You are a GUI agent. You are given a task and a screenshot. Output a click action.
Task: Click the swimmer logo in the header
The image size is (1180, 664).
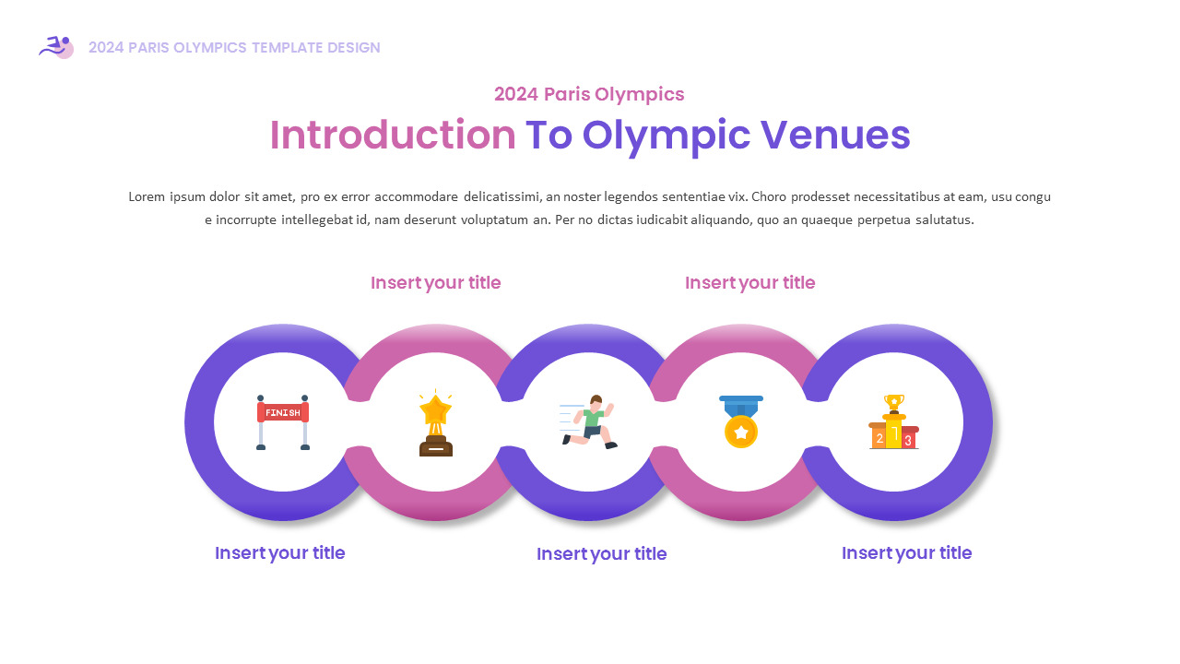click(57, 47)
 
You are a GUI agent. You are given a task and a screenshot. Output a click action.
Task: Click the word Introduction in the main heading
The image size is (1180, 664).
click(392, 135)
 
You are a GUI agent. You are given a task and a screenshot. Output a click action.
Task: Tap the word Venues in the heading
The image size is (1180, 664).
click(835, 135)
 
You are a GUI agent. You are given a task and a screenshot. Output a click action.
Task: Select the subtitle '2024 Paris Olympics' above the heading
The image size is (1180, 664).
click(589, 94)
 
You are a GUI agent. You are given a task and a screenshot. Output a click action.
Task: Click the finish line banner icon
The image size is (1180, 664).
click(282, 421)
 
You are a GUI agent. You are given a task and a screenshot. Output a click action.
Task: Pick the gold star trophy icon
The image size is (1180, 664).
click(435, 423)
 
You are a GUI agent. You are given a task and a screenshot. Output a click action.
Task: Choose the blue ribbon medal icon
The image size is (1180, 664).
click(741, 421)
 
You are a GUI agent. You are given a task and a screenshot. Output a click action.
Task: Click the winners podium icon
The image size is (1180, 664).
click(893, 422)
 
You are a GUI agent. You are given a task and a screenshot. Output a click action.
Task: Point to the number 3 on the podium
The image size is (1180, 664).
click(908, 440)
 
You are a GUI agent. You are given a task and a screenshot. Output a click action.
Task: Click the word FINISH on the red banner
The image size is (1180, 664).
click(282, 412)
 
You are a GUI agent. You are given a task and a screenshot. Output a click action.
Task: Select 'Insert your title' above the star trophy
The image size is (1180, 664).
click(435, 282)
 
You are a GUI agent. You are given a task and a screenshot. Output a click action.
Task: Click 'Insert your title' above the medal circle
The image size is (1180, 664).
click(749, 282)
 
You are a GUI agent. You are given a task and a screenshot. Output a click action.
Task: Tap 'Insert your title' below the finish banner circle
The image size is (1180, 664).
click(279, 552)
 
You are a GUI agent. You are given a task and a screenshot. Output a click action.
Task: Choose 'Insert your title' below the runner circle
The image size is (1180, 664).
click(601, 553)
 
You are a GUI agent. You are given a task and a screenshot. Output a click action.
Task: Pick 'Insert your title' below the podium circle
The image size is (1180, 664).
click(906, 552)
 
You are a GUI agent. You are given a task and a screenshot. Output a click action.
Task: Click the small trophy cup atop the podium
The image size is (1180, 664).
click(893, 402)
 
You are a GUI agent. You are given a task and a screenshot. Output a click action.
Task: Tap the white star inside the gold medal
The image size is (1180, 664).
click(741, 432)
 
